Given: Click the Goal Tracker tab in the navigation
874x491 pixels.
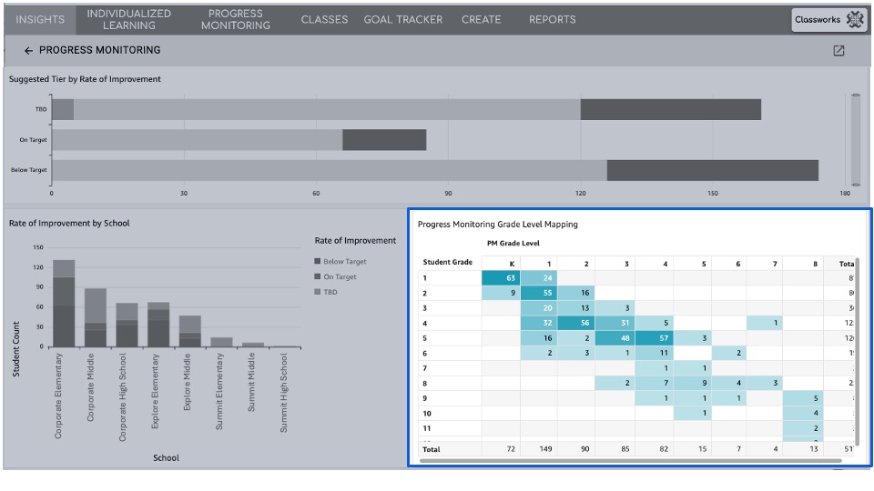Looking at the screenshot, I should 402,19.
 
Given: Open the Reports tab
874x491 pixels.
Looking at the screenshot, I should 552,19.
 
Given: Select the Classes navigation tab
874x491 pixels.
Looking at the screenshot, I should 324,19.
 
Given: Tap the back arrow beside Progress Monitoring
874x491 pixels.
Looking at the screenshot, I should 28,51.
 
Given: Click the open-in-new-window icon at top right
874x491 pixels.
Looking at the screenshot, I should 838,51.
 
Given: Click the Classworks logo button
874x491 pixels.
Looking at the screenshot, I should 828,19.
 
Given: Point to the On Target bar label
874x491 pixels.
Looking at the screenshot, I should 34,140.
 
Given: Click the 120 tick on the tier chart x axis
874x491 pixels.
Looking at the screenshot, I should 580,193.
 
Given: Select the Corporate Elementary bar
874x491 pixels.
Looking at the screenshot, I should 64,304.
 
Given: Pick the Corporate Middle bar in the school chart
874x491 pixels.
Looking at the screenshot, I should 96,317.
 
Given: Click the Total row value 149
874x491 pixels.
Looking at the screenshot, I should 548,449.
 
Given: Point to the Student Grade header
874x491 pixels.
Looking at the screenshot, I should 448,262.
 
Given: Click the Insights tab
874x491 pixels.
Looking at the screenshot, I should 40,19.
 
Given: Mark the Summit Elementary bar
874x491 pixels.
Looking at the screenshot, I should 221,341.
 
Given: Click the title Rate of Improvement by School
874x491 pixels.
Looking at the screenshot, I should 69,223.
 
